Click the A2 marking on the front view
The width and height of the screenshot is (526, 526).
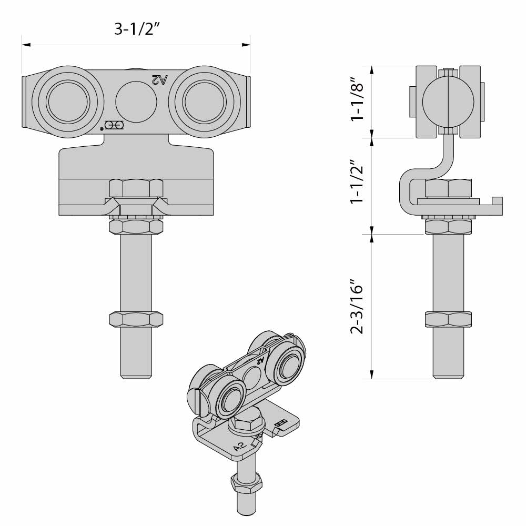click(x=159, y=79)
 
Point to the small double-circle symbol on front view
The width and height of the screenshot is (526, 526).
click(x=114, y=125)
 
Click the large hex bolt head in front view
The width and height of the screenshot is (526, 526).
click(x=136, y=188)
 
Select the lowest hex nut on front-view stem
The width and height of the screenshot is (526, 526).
click(x=136, y=319)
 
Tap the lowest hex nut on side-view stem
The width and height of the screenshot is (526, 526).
click(x=448, y=319)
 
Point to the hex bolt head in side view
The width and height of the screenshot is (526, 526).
click(x=448, y=187)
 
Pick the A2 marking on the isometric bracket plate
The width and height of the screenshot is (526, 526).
click(x=240, y=447)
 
